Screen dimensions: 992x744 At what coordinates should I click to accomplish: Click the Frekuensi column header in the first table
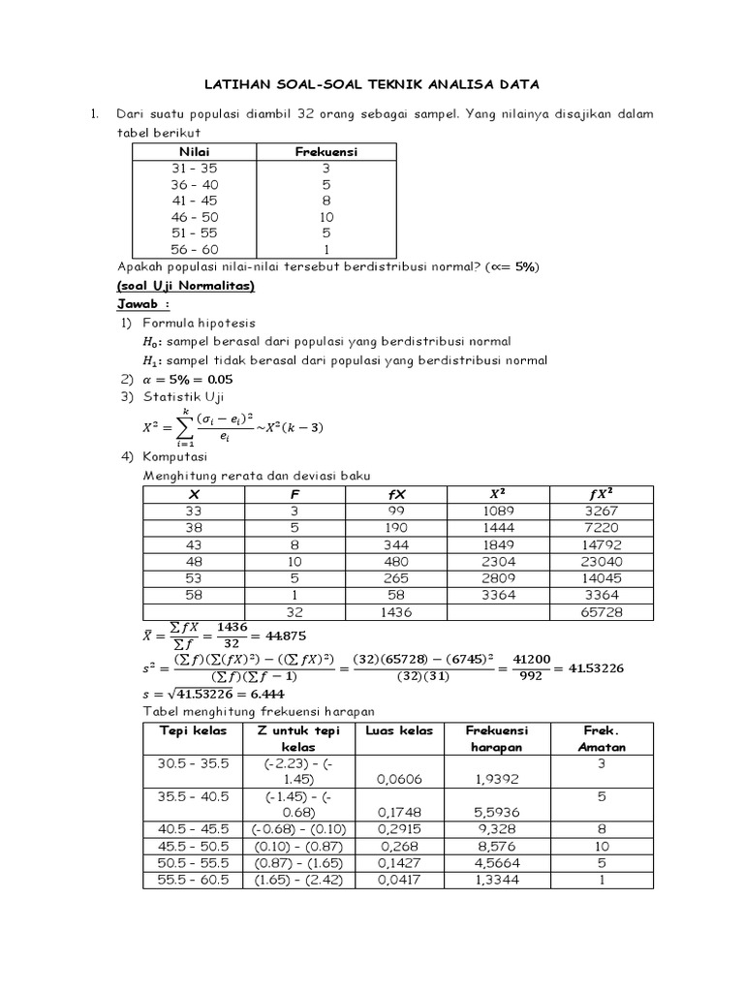(325, 151)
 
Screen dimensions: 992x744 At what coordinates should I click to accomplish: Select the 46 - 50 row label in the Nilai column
(194, 217)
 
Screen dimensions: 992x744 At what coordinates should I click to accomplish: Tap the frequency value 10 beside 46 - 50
(325, 217)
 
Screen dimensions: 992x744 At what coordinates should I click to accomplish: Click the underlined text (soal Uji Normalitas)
(185, 286)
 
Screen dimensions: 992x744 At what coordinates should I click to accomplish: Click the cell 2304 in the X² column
(499, 562)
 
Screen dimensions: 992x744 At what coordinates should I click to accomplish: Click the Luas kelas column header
(399, 729)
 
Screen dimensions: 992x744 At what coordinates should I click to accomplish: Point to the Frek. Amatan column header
(603, 738)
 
